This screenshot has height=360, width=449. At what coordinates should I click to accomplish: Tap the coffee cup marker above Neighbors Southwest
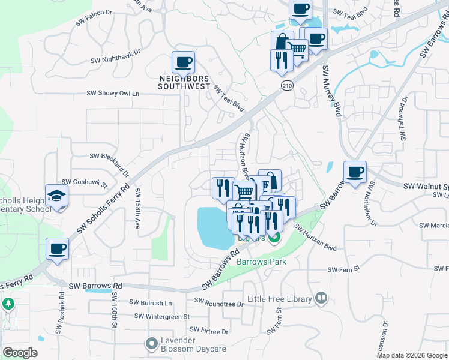click(184, 62)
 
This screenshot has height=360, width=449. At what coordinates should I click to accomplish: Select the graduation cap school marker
click(57, 196)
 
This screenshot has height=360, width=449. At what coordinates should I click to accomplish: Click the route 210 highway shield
click(287, 86)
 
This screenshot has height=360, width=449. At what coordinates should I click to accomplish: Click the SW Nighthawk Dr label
click(115, 56)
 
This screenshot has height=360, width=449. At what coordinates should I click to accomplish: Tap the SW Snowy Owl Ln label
click(113, 94)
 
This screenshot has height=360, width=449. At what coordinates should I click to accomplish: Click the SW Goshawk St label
click(84, 182)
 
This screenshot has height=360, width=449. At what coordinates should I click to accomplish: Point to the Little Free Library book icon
click(321, 298)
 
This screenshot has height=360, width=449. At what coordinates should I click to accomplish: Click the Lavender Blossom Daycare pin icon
click(151, 344)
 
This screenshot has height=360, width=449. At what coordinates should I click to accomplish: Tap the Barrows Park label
click(261, 262)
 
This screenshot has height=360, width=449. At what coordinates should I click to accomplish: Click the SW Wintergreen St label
click(161, 316)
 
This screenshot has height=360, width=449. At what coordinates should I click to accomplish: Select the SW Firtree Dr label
click(209, 331)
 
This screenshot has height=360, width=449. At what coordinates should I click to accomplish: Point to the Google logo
click(20, 353)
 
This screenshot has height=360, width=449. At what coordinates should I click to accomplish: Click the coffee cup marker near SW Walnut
click(355, 172)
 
